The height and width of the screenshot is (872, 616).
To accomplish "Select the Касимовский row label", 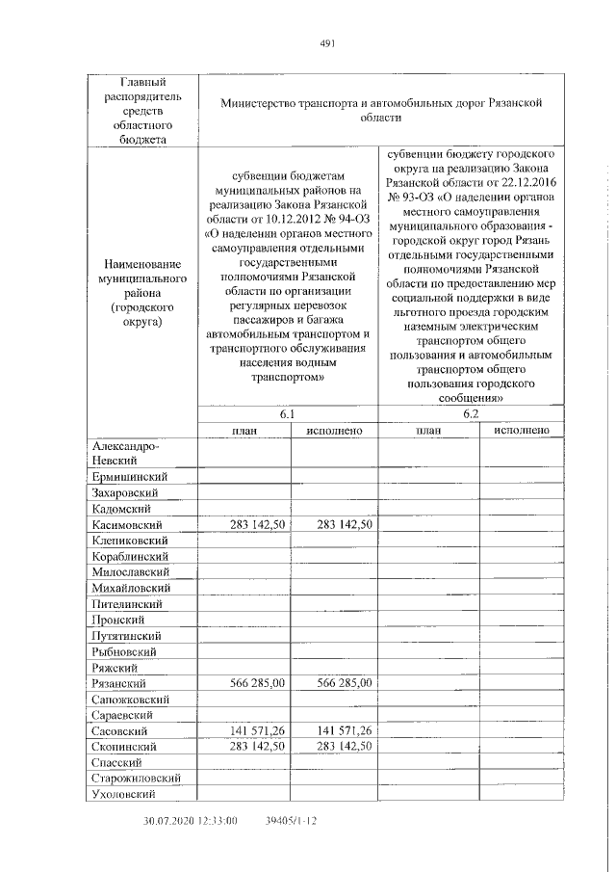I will coord(131,524).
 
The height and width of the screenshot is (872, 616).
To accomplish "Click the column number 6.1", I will coord(287,413).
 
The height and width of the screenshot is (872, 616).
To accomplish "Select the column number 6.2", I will coord(471,413).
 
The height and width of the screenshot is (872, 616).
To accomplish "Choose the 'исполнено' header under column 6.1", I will coord(334,430).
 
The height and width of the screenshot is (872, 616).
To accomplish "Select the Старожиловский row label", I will coord(138,779).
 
